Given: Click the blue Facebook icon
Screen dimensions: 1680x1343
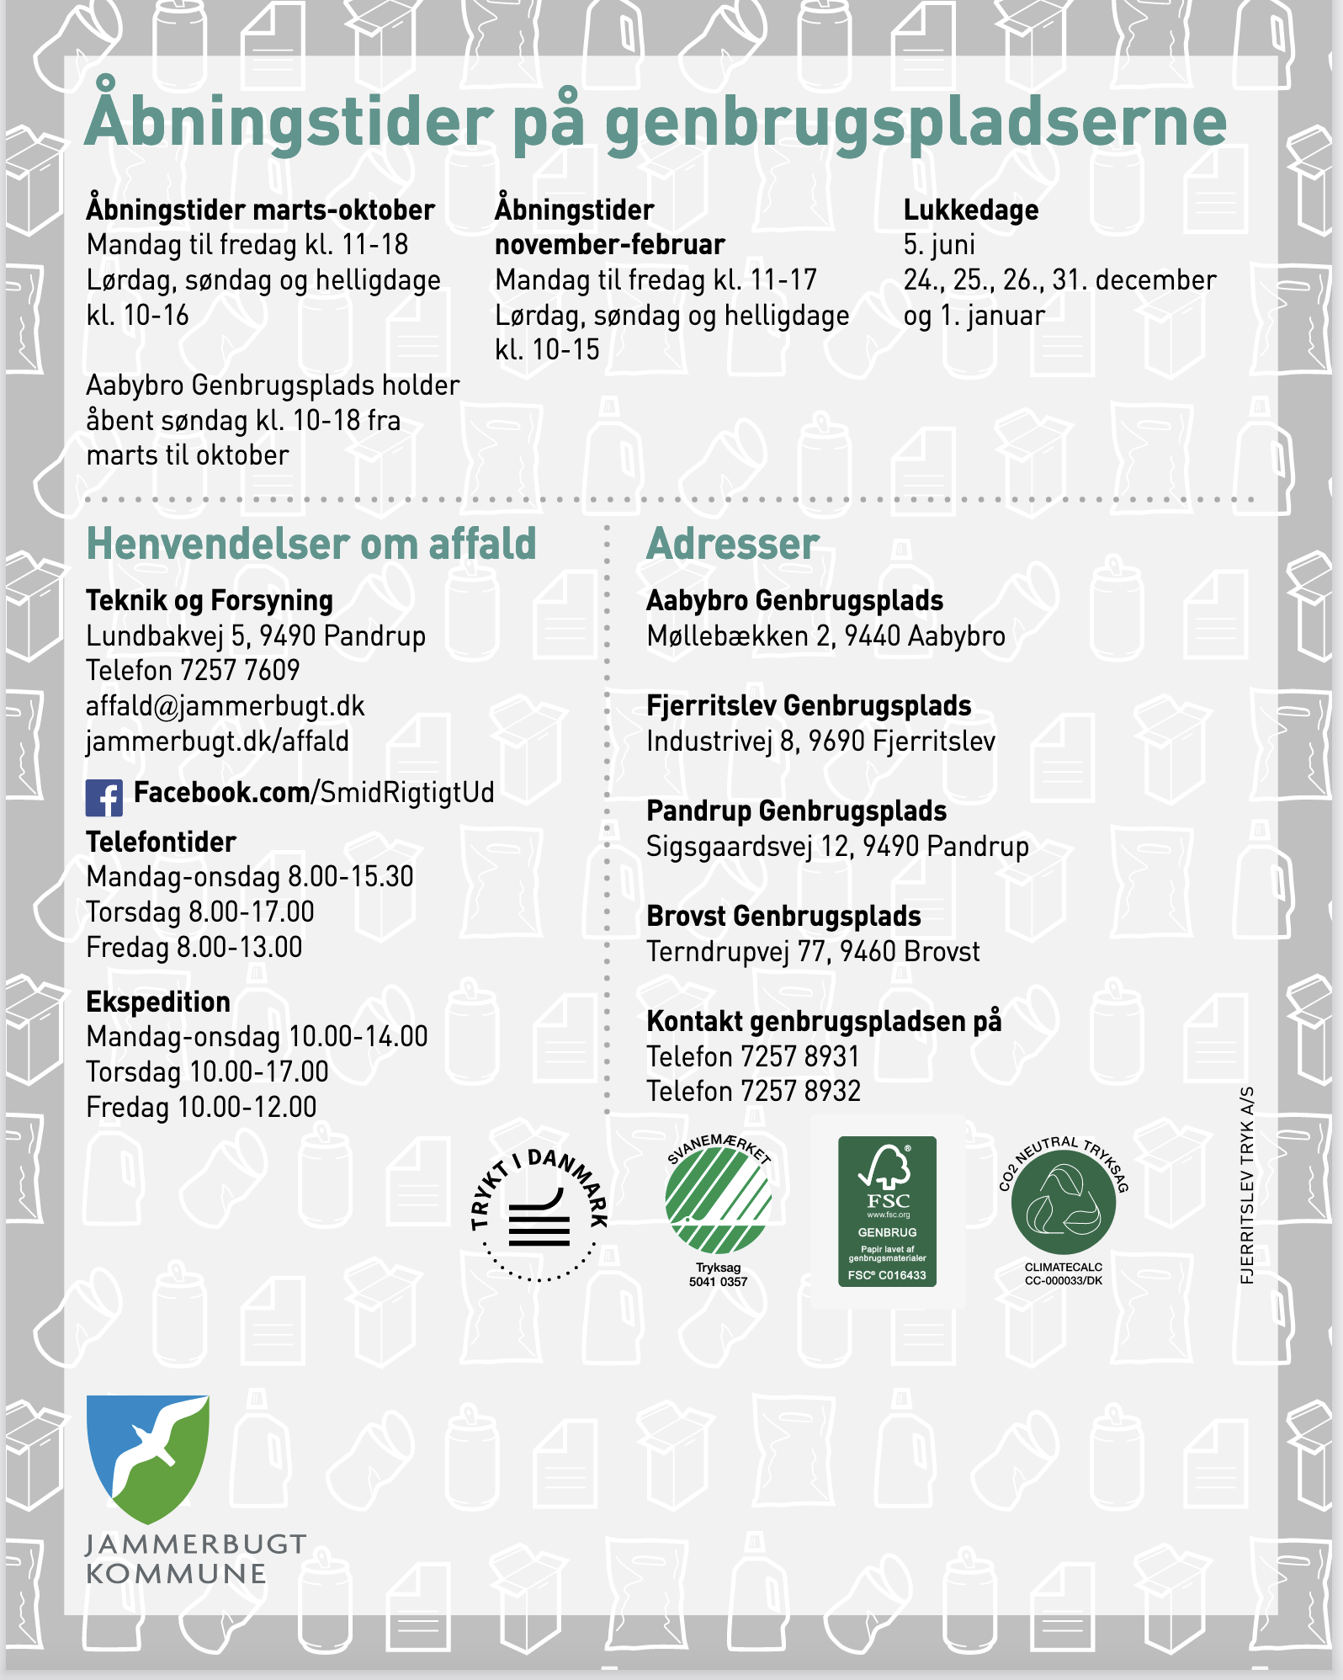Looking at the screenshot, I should [x=104, y=797].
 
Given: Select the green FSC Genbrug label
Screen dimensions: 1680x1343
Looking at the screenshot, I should [x=887, y=1210].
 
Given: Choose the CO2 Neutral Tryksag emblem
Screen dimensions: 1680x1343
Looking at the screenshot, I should [x=1064, y=1204].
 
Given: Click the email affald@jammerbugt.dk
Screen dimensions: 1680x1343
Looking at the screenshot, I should [x=226, y=706].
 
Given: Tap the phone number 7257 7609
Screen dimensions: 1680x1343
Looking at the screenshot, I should [x=240, y=671].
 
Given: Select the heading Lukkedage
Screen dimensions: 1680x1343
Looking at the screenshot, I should [x=970, y=210].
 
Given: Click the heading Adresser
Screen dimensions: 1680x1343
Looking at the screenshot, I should [x=732, y=544].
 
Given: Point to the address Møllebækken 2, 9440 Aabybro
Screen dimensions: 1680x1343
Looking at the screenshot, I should [x=825, y=636].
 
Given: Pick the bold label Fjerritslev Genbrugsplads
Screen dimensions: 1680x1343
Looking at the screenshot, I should [x=809, y=705].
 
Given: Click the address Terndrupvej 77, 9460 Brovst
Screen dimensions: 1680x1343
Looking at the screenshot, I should [x=813, y=952].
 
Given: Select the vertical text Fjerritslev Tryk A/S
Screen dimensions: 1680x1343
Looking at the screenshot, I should [x=1247, y=1185].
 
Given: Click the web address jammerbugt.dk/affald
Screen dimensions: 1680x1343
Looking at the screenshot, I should [x=217, y=742].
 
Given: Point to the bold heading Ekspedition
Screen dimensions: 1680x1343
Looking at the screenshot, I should [x=158, y=1002].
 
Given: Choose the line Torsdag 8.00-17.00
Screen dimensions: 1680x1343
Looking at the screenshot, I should [x=200, y=912].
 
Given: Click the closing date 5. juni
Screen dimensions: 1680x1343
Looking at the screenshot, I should [x=939, y=245].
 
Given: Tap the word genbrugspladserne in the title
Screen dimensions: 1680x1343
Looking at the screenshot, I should [x=916, y=123].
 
